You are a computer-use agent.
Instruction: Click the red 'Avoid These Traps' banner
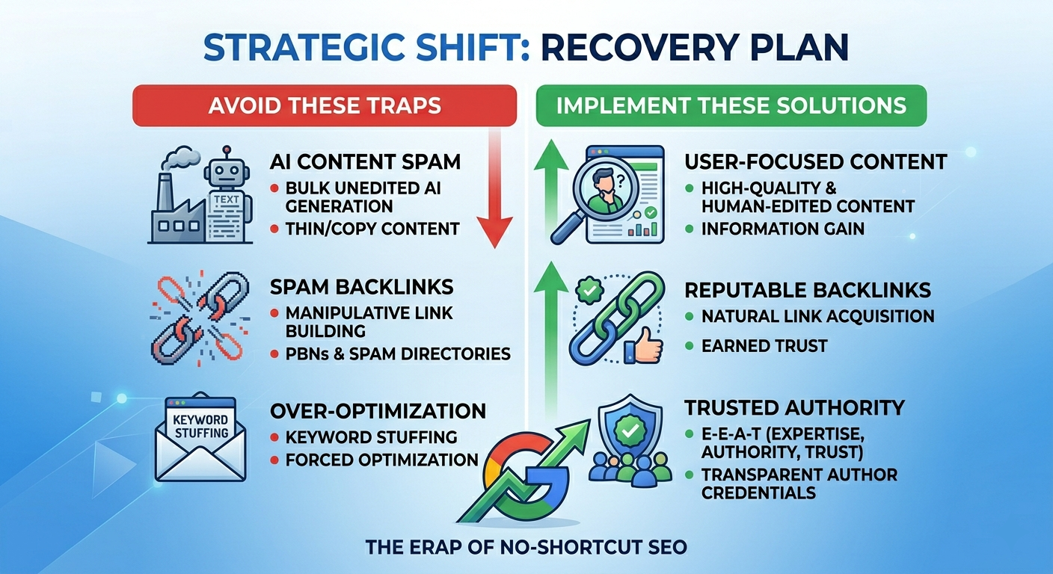click(325, 105)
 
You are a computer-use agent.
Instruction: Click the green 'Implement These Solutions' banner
click(731, 105)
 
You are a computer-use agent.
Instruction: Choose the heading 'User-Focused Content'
click(816, 161)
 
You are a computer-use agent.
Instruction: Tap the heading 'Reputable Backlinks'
click(808, 289)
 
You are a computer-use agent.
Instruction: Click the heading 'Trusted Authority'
click(794, 407)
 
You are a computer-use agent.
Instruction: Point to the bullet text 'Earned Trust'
click(764, 345)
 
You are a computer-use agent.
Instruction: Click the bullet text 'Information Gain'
click(782, 229)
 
